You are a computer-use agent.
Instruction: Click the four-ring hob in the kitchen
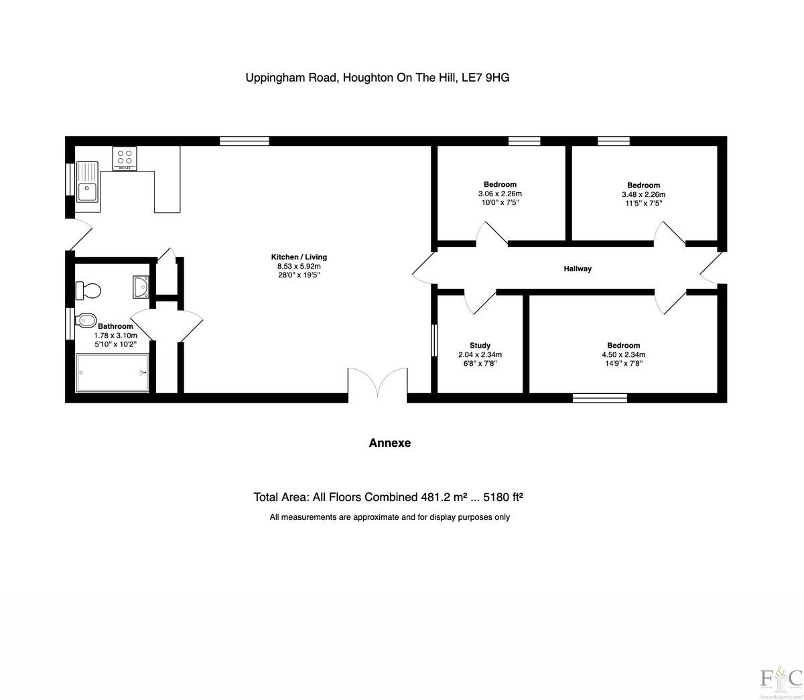125,158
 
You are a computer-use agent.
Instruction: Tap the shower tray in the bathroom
112,372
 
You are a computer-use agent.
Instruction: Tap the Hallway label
578,269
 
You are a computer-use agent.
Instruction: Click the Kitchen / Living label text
299,257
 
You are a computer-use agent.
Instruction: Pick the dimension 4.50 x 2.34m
623,355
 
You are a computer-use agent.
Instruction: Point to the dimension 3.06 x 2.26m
500,194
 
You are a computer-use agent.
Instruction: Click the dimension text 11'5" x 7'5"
643,203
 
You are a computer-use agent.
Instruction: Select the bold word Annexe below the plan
390,443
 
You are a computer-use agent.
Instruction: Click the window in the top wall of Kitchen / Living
245,141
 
